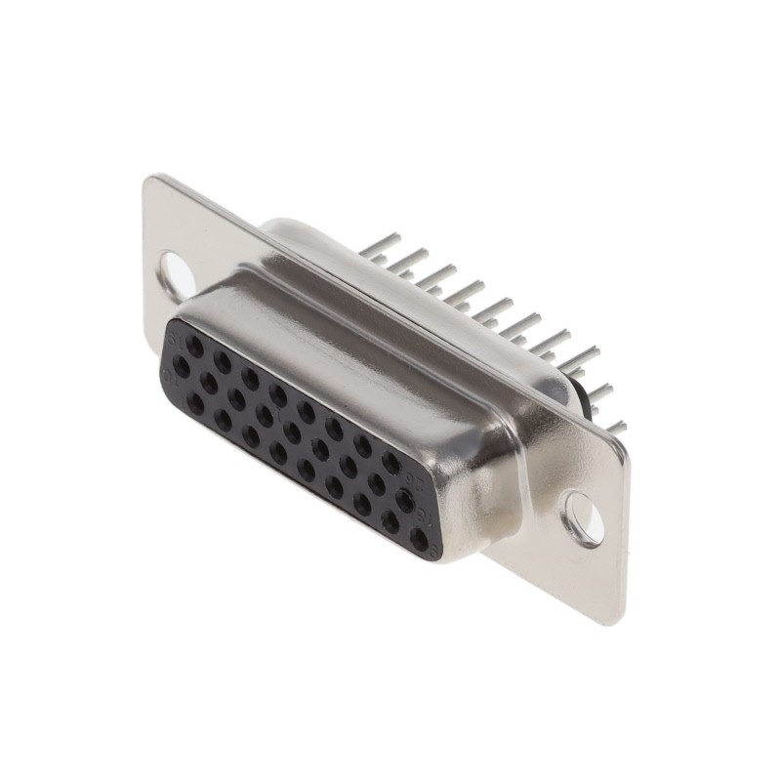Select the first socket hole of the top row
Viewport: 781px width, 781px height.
point(196,346)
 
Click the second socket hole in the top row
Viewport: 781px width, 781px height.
point(223,361)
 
